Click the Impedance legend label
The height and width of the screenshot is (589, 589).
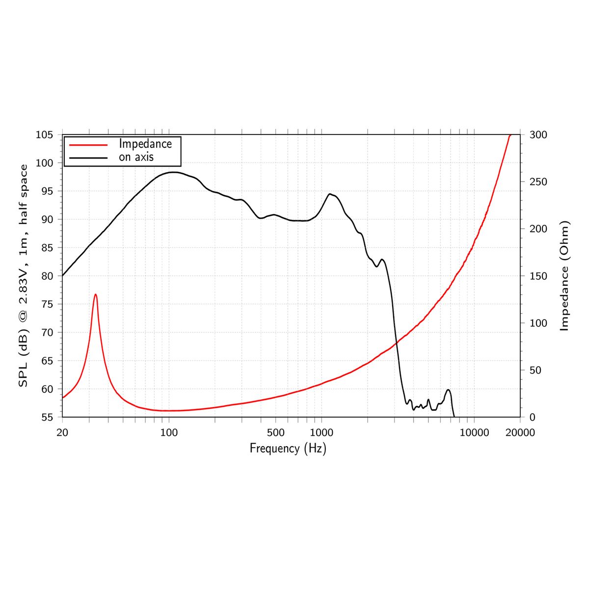[145, 144]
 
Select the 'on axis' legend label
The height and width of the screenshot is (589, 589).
[136, 157]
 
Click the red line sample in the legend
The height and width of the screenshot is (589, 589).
[88, 145]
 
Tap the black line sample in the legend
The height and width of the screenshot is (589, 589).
[88, 158]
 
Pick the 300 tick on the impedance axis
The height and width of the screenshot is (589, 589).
[538, 135]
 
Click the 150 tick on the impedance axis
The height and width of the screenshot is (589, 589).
[538, 276]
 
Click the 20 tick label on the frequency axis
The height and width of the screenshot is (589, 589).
[62, 432]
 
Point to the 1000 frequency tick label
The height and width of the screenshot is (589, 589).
[321, 432]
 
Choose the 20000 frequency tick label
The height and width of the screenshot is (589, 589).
[520, 432]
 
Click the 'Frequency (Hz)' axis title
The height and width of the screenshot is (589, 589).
[288, 448]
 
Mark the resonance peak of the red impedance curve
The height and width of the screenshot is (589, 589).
[95, 294]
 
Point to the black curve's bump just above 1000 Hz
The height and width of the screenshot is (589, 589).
[330, 194]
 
